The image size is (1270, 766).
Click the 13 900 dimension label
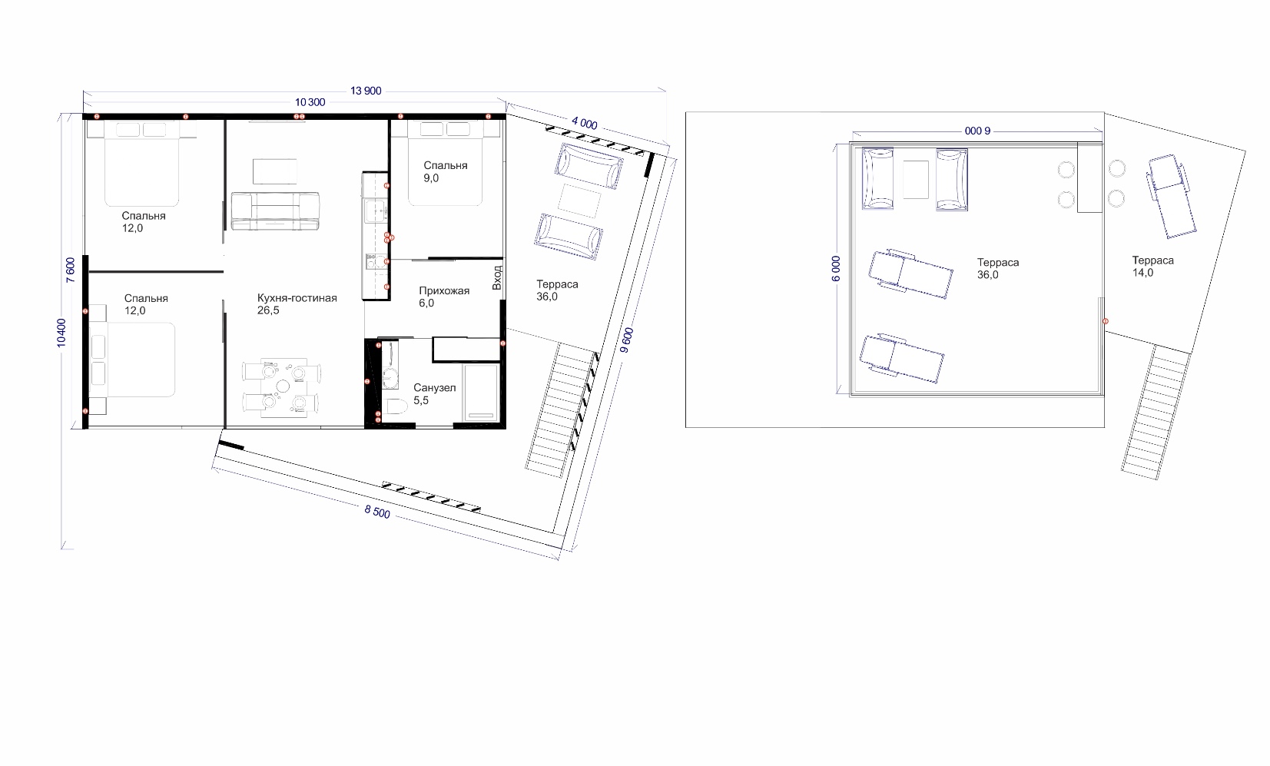click(366, 91)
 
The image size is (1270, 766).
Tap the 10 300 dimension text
click(310, 103)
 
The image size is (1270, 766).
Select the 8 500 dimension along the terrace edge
click(377, 512)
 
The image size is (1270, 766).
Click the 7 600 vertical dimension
click(71, 270)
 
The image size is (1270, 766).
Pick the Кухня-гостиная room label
click(297, 298)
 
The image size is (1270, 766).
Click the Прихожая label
click(444, 291)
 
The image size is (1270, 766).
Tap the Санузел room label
click(434, 388)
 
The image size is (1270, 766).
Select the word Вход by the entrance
click(497, 278)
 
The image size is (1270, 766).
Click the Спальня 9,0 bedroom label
click(445, 172)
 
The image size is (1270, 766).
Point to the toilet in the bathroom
click(396, 406)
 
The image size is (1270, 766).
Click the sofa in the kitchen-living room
click(275, 211)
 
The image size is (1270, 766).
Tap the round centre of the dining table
click(282, 386)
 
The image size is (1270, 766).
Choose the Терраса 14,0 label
click(1152, 267)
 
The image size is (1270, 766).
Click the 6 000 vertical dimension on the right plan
click(836, 269)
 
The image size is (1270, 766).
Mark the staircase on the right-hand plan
click(1155, 413)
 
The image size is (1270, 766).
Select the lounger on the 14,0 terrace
click(1172, 196)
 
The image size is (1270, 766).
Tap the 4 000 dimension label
click(584, 122)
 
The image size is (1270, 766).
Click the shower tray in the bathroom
click(481, 393)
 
